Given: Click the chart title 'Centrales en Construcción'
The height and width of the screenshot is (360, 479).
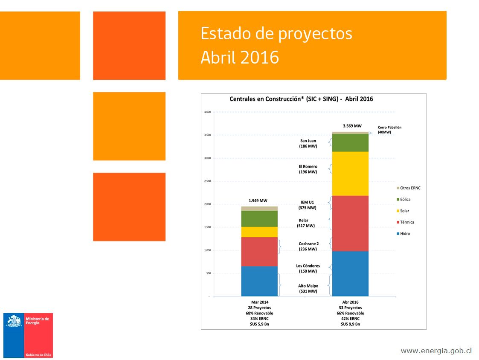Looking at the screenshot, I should [301, 99].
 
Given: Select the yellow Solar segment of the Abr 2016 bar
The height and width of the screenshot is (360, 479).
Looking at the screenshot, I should [350, 173].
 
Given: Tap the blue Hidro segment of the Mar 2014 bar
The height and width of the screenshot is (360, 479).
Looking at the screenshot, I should [259, 281].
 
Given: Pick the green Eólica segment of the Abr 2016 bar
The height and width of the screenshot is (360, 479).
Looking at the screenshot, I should [350, 142].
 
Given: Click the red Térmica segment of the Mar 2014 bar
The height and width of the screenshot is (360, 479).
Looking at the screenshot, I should [259, 251].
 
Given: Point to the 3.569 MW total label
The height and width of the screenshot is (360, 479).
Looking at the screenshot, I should [352, 126].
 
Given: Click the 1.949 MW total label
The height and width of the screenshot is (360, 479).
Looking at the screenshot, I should [258, 200].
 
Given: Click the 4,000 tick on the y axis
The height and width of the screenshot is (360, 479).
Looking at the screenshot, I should [207, 112].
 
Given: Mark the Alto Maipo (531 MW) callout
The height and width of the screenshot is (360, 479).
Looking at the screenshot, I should [308, 289].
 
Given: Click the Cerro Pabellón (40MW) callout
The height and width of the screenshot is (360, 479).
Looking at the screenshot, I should [389, 130].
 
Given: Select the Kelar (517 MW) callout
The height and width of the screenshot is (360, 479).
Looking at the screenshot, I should [306, 223].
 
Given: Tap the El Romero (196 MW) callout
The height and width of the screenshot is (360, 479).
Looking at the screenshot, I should [308, 169].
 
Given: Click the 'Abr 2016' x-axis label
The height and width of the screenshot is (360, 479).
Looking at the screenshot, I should [350, 302].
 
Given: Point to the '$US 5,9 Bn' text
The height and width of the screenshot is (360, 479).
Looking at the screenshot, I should [259, 324].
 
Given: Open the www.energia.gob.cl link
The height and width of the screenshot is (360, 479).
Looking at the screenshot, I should [436, 351].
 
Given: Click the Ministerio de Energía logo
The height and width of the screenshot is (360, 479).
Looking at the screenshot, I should [28, 335].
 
